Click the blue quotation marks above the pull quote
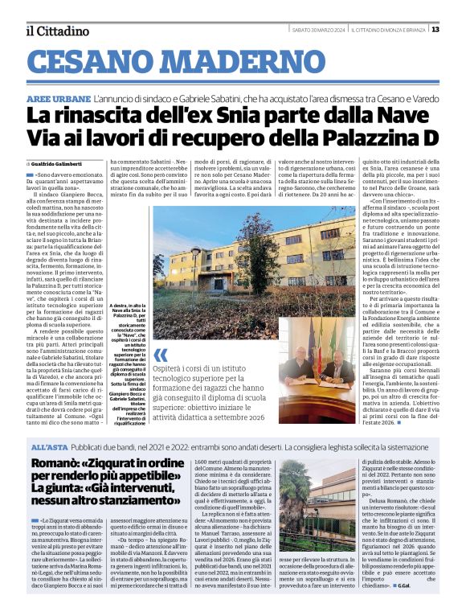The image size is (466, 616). tap(161, 355)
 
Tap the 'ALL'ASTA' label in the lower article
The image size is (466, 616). tap(49, 446)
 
